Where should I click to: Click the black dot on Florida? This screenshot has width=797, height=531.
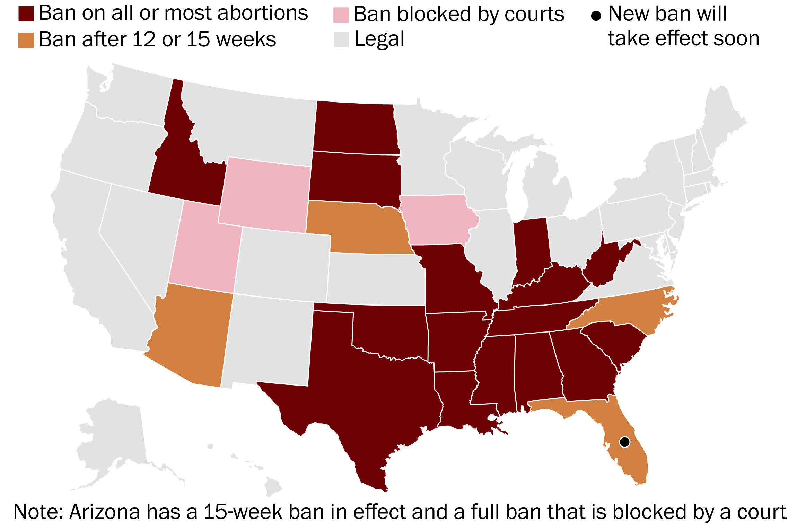624,442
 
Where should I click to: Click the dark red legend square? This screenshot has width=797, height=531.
26,14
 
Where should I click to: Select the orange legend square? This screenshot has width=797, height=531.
26,40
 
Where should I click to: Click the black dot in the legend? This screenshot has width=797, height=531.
596,16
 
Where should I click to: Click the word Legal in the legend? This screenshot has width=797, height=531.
379,39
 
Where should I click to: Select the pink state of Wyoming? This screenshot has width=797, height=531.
265,196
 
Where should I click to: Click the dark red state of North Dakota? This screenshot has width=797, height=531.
355,128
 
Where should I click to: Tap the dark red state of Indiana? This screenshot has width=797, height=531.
530,249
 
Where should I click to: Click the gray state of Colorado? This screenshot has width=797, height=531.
282,263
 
